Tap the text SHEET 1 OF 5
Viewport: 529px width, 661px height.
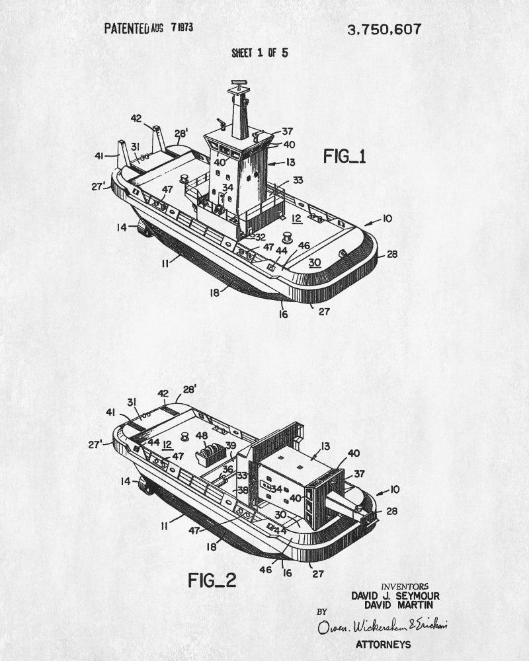259,53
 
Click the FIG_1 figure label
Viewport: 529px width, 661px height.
345,157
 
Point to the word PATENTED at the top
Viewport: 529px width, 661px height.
126,29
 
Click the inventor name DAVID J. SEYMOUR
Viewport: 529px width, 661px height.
395,596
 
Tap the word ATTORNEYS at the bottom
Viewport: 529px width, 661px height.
383,644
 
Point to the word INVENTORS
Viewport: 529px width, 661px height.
405,586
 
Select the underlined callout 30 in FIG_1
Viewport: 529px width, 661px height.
315,262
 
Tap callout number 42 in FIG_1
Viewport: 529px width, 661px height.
136,119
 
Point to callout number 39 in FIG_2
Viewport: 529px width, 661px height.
230,445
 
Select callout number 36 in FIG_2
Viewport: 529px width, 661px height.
227,470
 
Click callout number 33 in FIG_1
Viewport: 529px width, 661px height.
298,180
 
